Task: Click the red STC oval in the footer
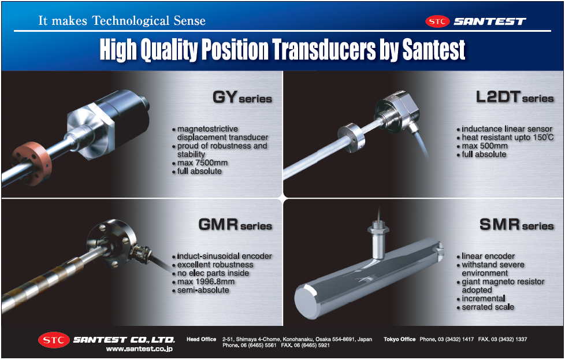pyautogui.click(x=54, y=340)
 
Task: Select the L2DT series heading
pyautogui.click(x=515, y=98)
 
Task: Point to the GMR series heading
pyautogui.click(x=235, y=225)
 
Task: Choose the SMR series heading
pyautogui.click(x=516, y=225)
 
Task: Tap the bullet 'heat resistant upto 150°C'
pyautogui.click(x=507, y=138)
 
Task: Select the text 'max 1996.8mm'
pyautogui.click(x=206, y=281)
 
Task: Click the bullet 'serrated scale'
pyautogui.click(x=488, y=307)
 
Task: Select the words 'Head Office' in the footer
pyautogui.click(x=201, y=339)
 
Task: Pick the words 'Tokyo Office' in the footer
pyautogui.click(x=399, y=339)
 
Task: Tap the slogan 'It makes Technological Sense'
pyautogui.click(x=121, y=21)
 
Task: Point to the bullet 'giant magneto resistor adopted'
pyautogui.click(x=502, y=285)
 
